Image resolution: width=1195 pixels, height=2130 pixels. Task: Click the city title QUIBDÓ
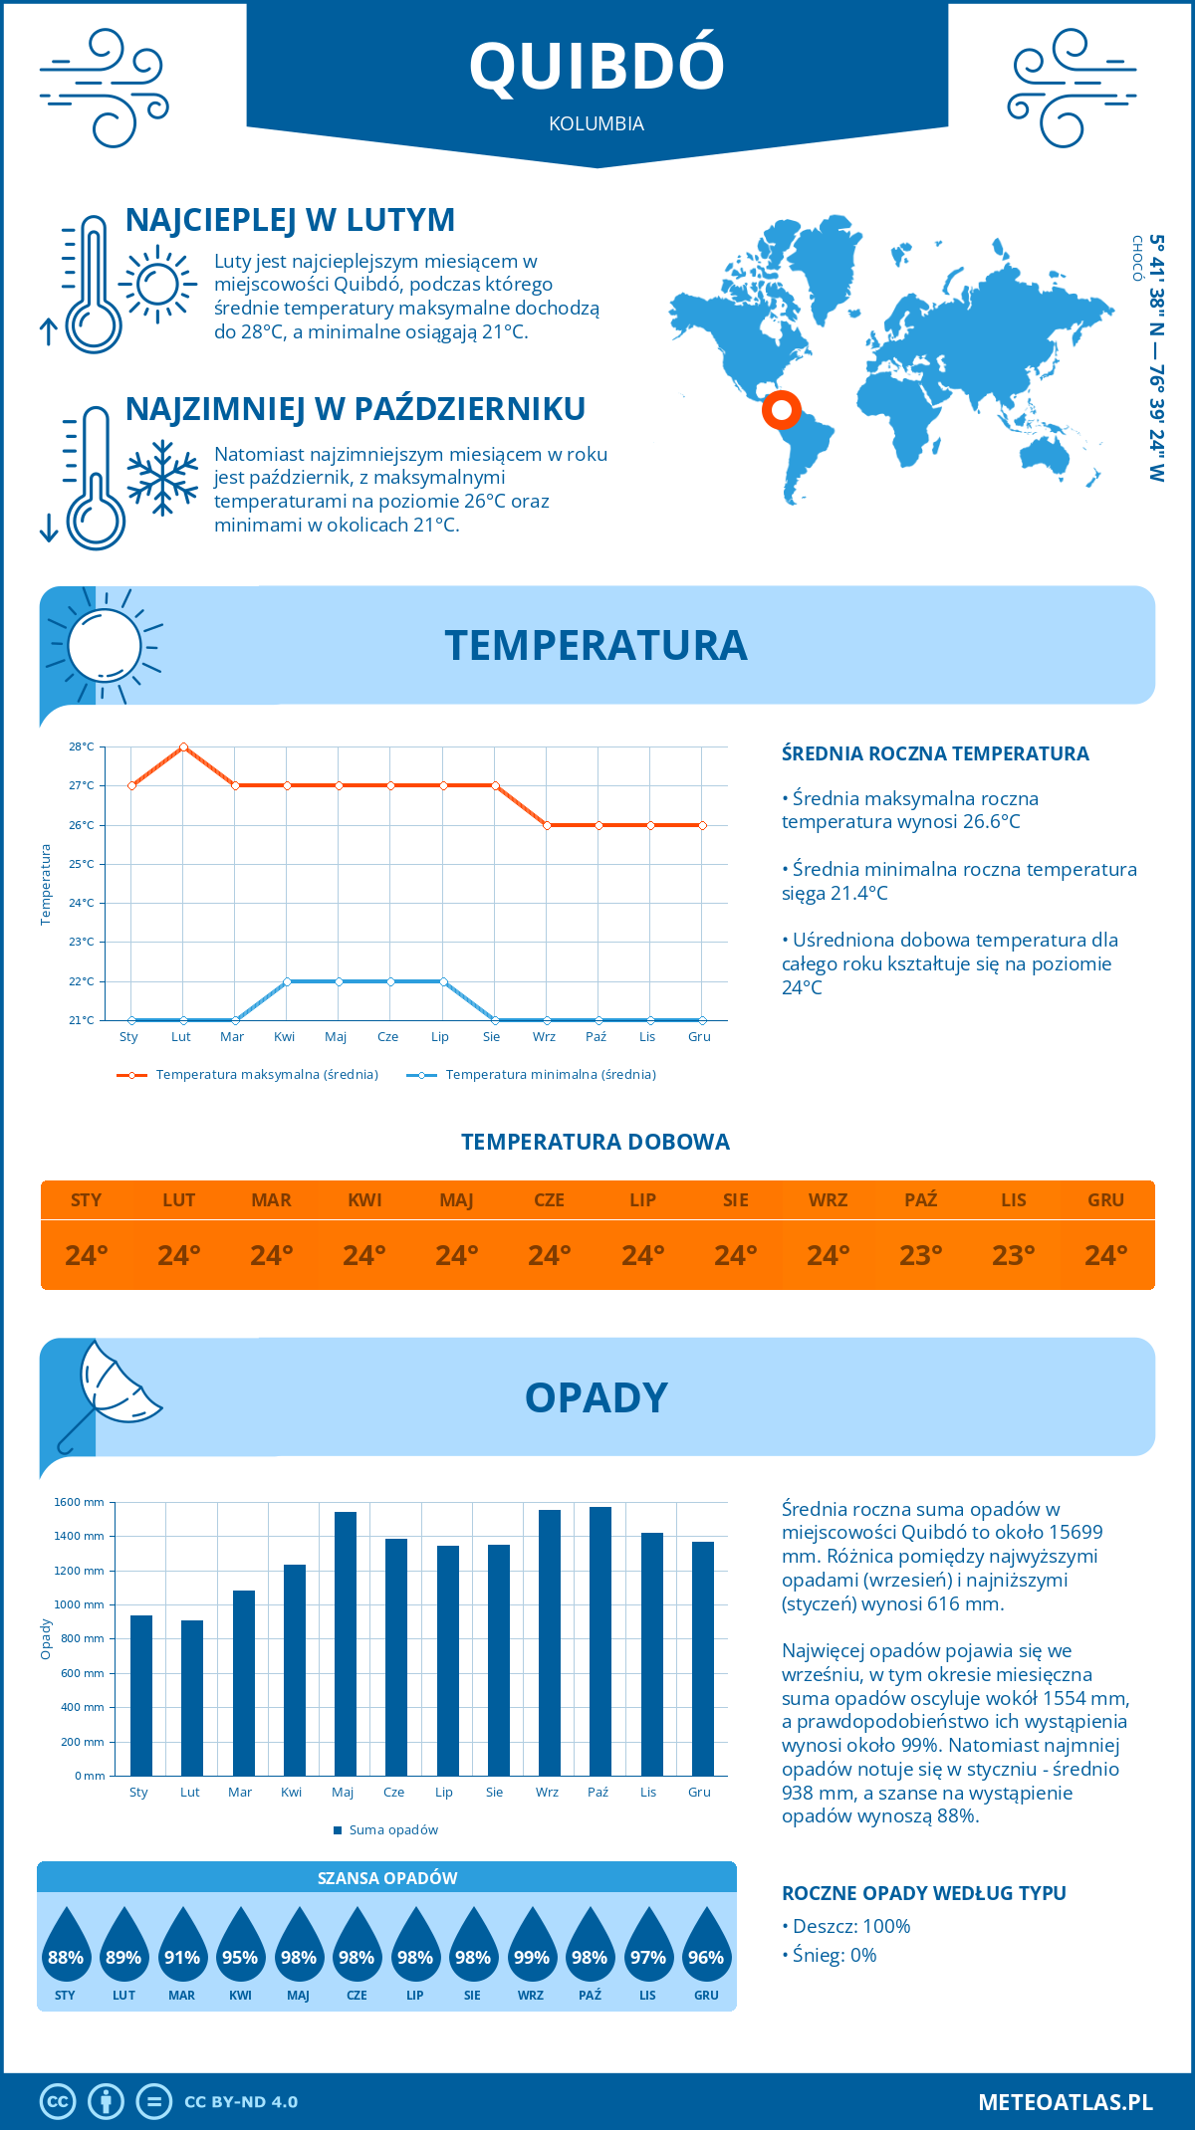pyautogui.click(x=597, y=66)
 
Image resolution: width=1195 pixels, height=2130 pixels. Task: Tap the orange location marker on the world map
pyautogui.click(x=782, y=409)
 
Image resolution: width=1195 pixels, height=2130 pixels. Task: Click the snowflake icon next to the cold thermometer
pyautogui.click(x=162, y=478)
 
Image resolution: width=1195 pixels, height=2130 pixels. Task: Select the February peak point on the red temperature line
pyautogui.click(x=183, y=746)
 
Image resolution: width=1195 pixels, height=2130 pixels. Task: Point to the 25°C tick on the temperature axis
pyautogui.click(x=82, y=864)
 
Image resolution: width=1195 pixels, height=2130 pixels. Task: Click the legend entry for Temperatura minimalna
pyautogui.click(x=550, y=1075)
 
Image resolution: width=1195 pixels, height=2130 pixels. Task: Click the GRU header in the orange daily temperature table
pyautogui.click(x=1105, y=1200)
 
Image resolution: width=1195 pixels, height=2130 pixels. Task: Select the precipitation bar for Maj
pyautogui.click(x=345, y=1643)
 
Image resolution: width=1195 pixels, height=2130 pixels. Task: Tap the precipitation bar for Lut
pyautogui.click(x=191, y=1697)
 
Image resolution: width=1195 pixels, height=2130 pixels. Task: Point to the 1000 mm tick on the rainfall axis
pyautogui.click(x=79, y=1604)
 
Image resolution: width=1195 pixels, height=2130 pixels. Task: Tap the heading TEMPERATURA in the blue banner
pyautogui.click(x=596, y=645)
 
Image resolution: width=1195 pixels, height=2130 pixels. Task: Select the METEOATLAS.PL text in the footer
pyautogui.click(x=1065, y=2102)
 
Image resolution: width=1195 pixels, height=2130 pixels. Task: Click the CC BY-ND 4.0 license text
pyautogui.click(x=241, y=2102)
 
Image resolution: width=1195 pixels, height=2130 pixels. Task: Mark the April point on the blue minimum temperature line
pyautogui.click(x=287, y=981)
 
